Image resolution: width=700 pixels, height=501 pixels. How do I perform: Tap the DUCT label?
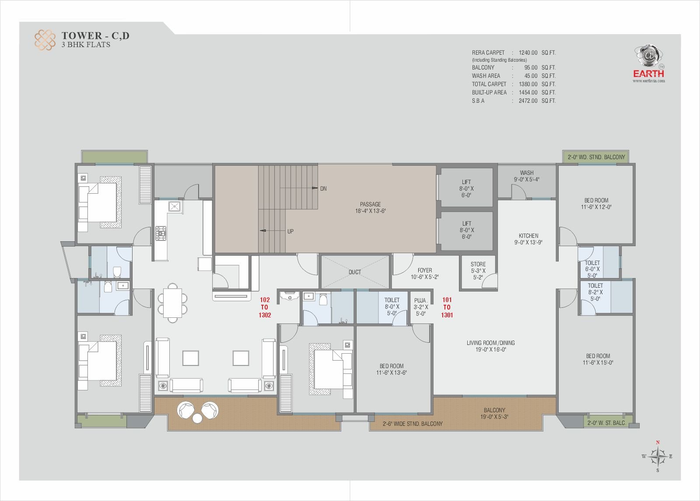(355, 272)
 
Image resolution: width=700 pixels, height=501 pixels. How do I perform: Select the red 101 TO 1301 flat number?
(447, 307)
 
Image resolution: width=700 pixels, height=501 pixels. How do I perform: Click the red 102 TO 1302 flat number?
(265, 307)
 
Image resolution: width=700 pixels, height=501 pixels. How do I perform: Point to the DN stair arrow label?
(323, 189)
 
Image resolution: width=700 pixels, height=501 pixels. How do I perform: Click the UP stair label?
(290, 231)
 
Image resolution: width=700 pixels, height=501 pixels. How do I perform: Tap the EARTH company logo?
(649, 63)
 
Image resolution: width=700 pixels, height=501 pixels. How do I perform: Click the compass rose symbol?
(658, 456)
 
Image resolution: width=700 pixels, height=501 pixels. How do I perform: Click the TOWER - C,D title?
(95, 35)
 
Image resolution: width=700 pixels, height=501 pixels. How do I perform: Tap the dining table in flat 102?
(172, 303)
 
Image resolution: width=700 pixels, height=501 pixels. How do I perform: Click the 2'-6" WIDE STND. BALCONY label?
(413, 424)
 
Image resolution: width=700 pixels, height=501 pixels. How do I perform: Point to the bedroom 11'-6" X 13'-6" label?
(392, 369)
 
